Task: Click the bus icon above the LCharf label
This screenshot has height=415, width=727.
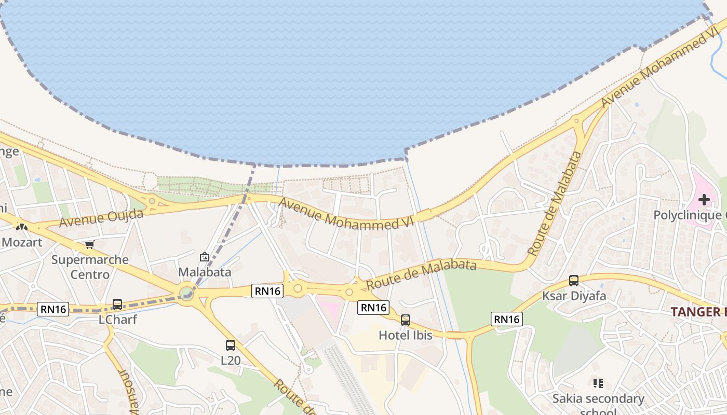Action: point(117,305)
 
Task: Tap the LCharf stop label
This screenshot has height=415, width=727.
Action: point(118,320)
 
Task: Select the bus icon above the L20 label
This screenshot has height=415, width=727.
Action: point(230,345)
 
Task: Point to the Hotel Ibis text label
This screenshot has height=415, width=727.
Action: point(405,335)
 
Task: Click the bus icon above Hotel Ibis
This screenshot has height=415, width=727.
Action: point(406,320)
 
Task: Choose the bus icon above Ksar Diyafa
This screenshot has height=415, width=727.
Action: point(574,281)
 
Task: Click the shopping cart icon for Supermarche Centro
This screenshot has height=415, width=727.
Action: point(90,244)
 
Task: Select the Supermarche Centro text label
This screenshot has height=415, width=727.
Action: point(90,267)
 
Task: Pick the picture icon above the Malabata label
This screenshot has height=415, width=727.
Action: point(205,257)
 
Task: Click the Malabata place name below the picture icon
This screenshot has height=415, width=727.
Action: point(205,272)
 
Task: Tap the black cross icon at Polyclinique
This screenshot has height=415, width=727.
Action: point(704,200)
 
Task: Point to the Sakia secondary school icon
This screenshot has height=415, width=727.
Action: point(598,383)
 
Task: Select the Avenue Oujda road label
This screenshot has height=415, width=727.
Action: point(101,218)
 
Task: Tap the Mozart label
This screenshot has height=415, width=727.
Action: point(22,242)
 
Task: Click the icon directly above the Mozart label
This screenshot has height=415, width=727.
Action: point(22,227)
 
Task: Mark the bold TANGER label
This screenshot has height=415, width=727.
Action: point(698,312)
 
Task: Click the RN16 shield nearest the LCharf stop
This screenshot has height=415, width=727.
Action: point(53,310)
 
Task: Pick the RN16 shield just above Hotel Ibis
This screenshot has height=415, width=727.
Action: point(373,308)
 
